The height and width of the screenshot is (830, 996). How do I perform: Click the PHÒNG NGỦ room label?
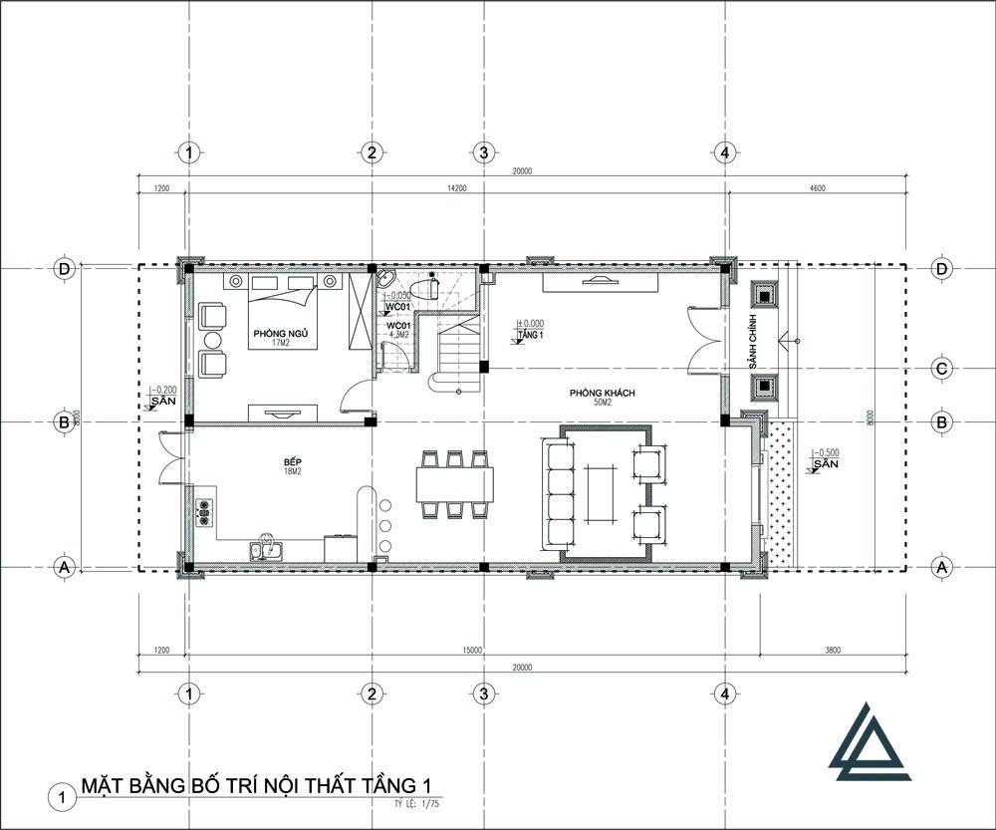pos(271,333)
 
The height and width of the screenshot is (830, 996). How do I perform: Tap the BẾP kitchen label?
pos(292,463)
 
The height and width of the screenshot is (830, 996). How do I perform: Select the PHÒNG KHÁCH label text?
pos(603,394)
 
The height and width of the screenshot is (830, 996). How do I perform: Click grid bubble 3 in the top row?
pos(483,152)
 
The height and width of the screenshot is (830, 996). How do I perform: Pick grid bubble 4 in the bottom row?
pos(725,692)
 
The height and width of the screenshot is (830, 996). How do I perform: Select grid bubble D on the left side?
pos(64,269)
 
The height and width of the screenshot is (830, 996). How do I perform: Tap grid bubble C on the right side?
pos(940,368)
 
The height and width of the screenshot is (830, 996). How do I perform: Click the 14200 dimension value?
pos(457,187)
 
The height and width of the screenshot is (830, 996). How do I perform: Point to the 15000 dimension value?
pos(472,650)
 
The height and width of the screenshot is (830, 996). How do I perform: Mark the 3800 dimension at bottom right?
pos(833,650)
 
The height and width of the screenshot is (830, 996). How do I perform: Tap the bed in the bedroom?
pos(283,309)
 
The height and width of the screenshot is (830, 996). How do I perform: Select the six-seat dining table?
pos(455,484)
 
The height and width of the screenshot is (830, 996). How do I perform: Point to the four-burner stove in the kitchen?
pos(206,511)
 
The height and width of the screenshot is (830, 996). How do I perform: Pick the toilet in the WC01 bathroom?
pos(429,289)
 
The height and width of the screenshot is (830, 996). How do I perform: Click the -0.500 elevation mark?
pos(827,451)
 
